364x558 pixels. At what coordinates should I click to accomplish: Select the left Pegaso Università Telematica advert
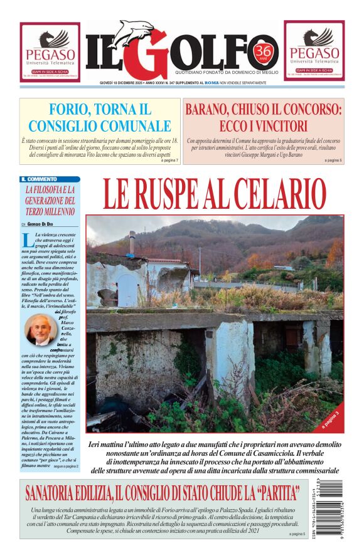pyautogui.click(x=50, y=52)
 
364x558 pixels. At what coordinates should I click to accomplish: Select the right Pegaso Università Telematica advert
pyautogui.click(x=314, y=51)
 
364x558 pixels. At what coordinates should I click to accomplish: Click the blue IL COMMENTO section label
pyautogui.click(x=39, y=179)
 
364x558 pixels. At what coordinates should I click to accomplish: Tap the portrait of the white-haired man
pyautogui.click(x=40, y=330)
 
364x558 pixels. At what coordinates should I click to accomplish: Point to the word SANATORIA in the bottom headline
pyautogui.click(x=68, y=491)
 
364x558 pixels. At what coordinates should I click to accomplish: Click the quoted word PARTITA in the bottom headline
pyautogui.click(x=270, y=491)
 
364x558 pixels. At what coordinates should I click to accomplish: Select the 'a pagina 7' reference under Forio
pyautogui.click(x=169, y=161)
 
